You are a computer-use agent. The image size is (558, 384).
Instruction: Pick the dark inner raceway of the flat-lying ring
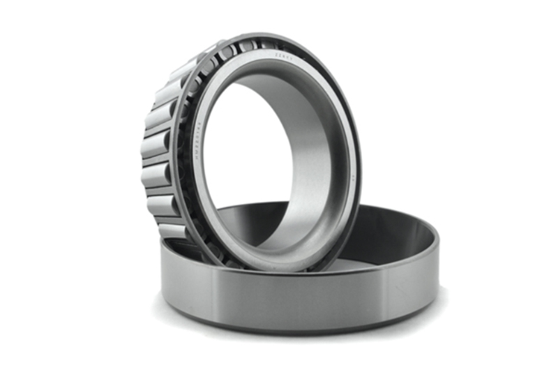tap(391, 237)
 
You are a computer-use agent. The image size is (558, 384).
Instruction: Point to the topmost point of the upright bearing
tap(265, 34)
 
